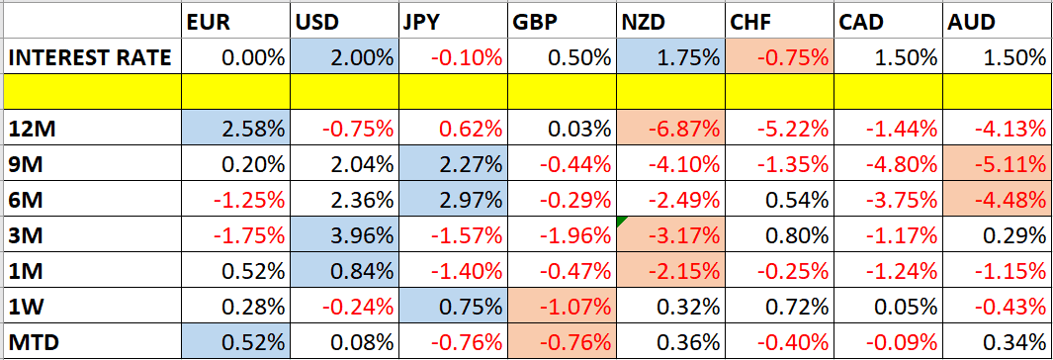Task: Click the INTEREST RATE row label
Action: click(91, 57)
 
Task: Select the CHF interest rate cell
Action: click(779, 57)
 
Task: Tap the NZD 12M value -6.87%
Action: click(670, 129)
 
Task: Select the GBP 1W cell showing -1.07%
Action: click(562, 307)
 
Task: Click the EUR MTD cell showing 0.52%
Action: click(236, 342)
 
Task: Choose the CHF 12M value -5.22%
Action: click(779, 129)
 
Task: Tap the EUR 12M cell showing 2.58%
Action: click(236, 129)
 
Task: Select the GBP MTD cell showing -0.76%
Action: click(562, 342)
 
